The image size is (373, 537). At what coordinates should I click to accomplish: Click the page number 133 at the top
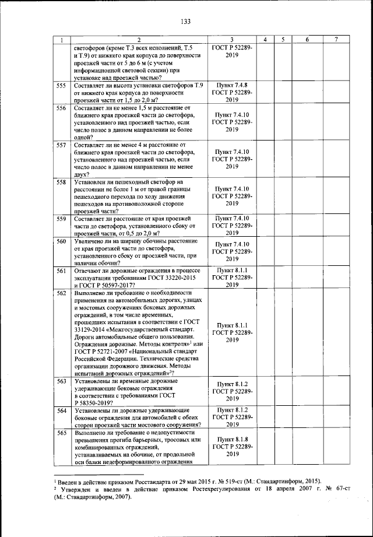click(186, 22)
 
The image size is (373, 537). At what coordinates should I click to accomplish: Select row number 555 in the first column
click(61, 86)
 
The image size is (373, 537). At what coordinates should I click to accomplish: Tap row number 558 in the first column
click(61, 183)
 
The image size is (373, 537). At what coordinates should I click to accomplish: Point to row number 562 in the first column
click(61, 293)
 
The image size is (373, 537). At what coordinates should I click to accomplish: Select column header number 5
click(282, 39)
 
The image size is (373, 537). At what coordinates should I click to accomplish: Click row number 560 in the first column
click(61, 241)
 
